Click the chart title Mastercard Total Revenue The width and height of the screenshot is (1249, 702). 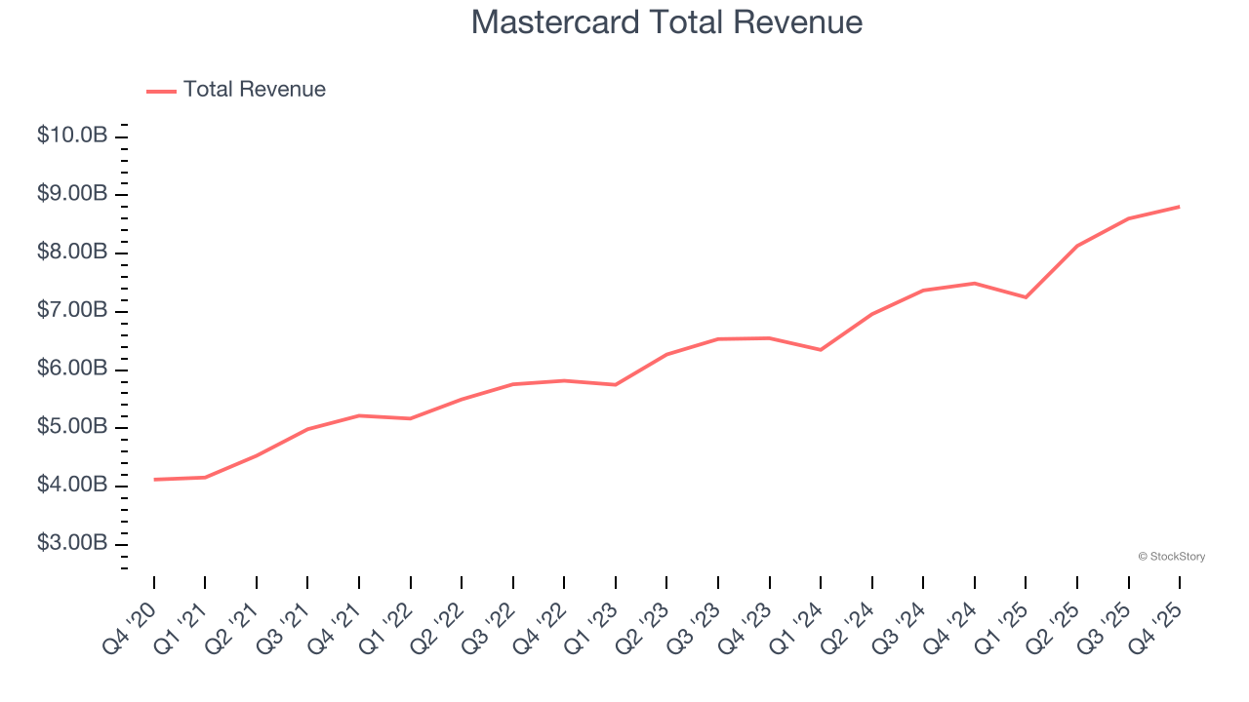(666, 22)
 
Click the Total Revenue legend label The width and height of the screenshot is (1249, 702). (254, 90)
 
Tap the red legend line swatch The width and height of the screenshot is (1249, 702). (161, 91)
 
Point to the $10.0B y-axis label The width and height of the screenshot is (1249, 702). (72, 136)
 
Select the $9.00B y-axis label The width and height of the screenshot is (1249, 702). (72, 194)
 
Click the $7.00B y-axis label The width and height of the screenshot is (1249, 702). (72, 311)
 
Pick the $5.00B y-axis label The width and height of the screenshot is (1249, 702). (72, 427)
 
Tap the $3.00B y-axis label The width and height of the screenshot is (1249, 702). (72, 543)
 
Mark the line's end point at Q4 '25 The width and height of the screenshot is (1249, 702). (1180, 207)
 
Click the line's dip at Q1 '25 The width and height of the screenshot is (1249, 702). (1026, 297)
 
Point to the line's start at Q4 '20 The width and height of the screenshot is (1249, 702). (154, 480)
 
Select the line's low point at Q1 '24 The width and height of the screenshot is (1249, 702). (821, 350)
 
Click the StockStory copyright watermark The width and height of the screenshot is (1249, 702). (1171, 557)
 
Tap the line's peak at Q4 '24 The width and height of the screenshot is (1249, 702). (974, 283)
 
